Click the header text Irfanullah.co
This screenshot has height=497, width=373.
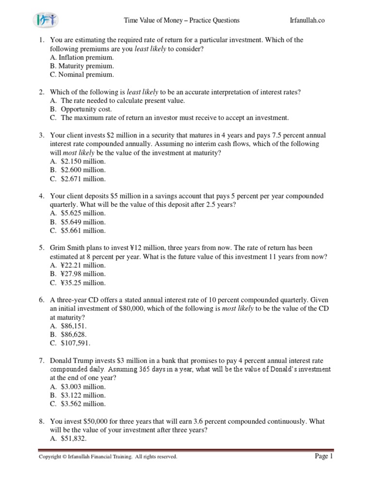[307, 20]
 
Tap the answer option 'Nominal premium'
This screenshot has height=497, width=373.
[82, 75]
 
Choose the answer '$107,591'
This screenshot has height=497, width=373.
[76, 343]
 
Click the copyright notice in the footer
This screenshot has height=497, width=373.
[108, 457]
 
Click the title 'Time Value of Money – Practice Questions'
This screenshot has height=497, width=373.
[182, 20]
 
